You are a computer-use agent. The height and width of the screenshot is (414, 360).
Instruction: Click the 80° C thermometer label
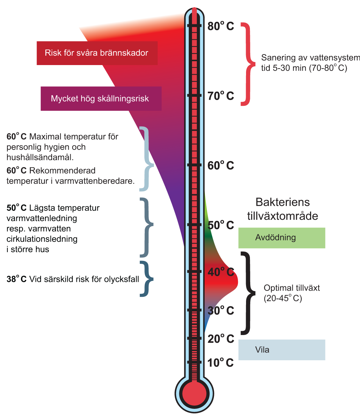click(221, 26)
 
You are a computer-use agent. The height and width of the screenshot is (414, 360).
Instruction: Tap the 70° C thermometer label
click(221, 96)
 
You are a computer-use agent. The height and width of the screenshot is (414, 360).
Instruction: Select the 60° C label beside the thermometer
click(221, 165)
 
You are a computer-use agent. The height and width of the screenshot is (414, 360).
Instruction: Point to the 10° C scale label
click(221, 363)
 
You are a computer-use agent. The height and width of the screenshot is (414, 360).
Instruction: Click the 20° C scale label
click(221, 339)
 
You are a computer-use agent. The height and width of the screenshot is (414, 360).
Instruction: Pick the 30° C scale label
click(221, 310)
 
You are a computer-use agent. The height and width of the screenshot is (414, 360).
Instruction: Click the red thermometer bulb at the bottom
click(194, 394)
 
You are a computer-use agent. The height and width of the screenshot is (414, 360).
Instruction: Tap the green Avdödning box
click(282, 238)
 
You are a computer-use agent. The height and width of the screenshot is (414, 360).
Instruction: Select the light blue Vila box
click(282, 350)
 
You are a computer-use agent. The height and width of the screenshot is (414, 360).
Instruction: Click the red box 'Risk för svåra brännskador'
click(97, 53)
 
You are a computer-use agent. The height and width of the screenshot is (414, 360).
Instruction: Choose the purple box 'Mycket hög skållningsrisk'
click(101, 99)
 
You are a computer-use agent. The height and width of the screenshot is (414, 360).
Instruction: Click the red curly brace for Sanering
click(248, 64)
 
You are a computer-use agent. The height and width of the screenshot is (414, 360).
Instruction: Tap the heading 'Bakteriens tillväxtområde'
click(283, 209)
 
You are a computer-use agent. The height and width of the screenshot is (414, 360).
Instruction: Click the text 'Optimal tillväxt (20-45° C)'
click(291, 293)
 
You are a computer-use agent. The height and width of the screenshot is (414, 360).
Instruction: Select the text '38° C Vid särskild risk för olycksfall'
click(73, 279)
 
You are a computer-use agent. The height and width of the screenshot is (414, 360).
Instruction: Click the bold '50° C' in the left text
click(17, 208)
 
